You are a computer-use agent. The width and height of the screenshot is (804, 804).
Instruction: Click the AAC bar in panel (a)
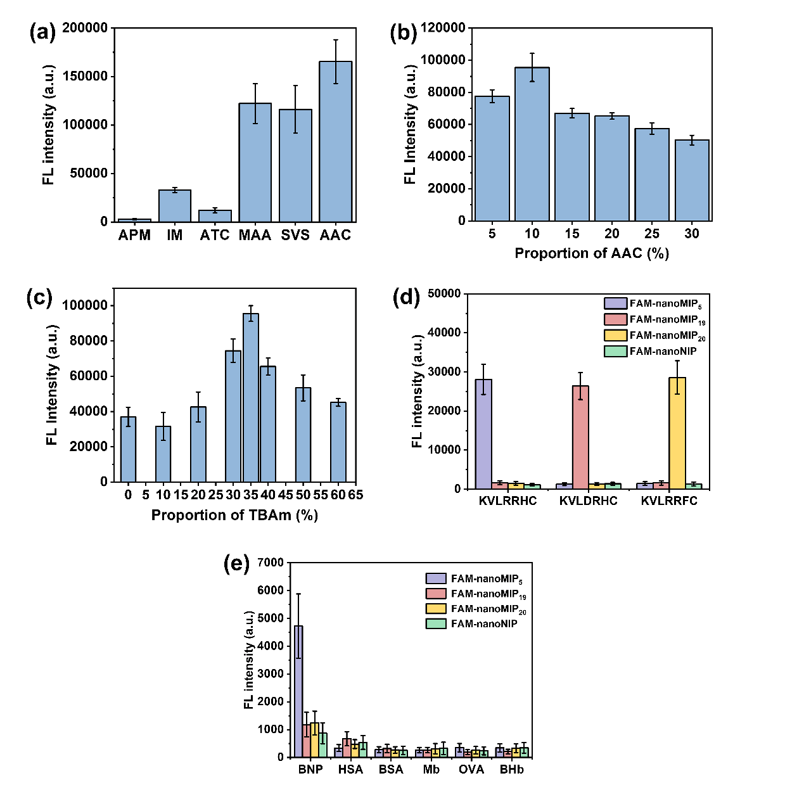tap(335, 142)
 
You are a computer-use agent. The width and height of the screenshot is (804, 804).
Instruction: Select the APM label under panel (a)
tap(134, 236)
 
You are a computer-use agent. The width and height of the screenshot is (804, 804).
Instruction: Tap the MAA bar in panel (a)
tap(255, 163)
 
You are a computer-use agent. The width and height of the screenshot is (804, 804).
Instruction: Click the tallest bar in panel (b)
tap(532, 144)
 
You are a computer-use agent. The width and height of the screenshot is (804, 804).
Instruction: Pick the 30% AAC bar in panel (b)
tap(692, 181)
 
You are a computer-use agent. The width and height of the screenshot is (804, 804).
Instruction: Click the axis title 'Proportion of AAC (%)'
tap(592, 253)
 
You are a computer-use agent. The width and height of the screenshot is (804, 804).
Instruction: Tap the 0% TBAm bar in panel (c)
tap(129, 449)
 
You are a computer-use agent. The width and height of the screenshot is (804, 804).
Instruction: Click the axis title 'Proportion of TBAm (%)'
tap(234, 515)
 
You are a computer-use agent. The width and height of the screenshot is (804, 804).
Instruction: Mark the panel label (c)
tap(39, 298)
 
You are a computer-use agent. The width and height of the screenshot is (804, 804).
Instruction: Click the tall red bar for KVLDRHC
tap(580, 437)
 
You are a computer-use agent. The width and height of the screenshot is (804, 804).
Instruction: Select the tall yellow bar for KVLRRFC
tap(677, 433)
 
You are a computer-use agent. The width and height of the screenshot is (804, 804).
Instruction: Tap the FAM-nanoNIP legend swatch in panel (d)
tap(615, 351)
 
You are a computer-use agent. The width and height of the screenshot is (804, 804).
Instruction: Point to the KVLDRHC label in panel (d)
tap(588, 501)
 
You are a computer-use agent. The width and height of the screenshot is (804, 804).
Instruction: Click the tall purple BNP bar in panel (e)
tap(298, 691)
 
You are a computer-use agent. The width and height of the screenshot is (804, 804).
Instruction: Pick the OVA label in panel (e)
tap(471, 769)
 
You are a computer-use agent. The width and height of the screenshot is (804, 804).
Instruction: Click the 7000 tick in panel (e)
tap(271, 563)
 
